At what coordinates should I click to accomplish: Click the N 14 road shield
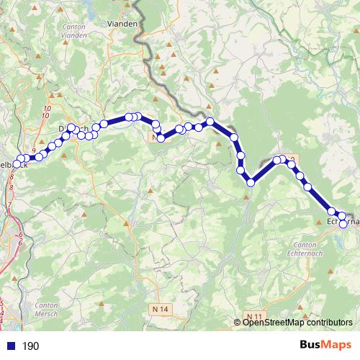point(163,308)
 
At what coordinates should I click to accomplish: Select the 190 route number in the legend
point(31,346)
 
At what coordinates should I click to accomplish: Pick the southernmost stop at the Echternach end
point(343,224)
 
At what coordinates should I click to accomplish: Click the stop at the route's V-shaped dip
point(251,183)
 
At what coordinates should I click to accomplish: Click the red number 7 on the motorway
point(9,205)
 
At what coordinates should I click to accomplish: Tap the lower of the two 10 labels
point(46,115)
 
